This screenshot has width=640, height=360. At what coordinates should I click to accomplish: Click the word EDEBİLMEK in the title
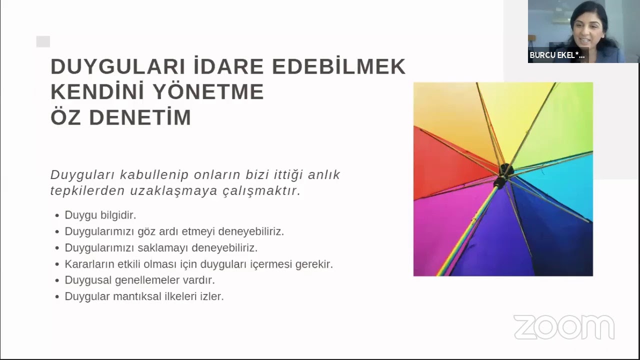pos(339,66)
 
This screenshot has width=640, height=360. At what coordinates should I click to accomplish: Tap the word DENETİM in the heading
pos(140,117)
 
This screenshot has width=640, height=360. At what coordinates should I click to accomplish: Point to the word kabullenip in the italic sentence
pos(154,175)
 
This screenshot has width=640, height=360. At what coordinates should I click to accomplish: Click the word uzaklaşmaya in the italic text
pos(173,191)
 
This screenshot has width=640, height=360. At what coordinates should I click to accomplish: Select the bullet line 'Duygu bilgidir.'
pos(100,215)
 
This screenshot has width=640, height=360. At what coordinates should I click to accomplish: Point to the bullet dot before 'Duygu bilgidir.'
pos(57,215)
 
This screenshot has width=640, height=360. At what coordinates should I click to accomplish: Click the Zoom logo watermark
pos(564,327)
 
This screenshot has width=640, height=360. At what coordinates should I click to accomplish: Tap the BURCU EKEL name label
pos(557,55)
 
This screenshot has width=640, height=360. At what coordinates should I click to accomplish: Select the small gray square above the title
pos(43,41)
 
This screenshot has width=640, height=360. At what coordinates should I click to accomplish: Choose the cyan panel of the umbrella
pos(565,183)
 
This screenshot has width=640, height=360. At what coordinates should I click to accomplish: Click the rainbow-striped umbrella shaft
pos(465,232)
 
